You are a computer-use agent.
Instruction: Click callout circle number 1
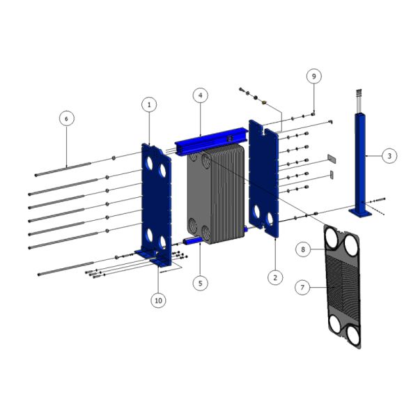[149, 105]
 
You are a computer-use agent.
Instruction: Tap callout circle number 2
[275, 277]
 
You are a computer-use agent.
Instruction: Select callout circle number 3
[389, 155]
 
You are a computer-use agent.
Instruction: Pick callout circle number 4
[201, 95]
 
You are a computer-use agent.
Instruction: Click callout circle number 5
[201, 283]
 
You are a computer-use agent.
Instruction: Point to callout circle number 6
[67, 118]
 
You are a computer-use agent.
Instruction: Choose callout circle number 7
[302, 287]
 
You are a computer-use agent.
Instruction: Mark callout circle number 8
[303, 249]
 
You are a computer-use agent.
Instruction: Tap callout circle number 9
[313, 76]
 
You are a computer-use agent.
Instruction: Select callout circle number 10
[158, 301]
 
